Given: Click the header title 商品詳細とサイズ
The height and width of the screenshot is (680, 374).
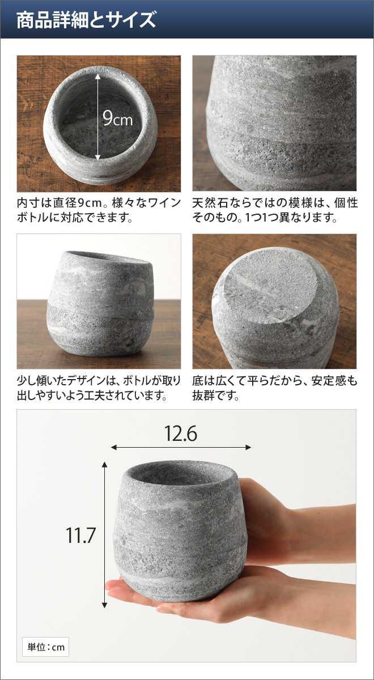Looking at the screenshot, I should pos(86,20).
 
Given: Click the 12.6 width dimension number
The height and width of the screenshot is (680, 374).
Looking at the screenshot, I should pos(181,433).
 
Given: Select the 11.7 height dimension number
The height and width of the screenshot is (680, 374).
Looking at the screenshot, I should pos(80,535).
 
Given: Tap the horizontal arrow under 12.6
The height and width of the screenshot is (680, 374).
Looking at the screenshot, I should pos(181,448).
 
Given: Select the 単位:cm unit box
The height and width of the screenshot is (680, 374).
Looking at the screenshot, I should pos(45,647).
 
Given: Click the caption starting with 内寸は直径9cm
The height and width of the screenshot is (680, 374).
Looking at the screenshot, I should pos(99,210).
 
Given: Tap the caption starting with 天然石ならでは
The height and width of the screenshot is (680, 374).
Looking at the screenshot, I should pos(274,210).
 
